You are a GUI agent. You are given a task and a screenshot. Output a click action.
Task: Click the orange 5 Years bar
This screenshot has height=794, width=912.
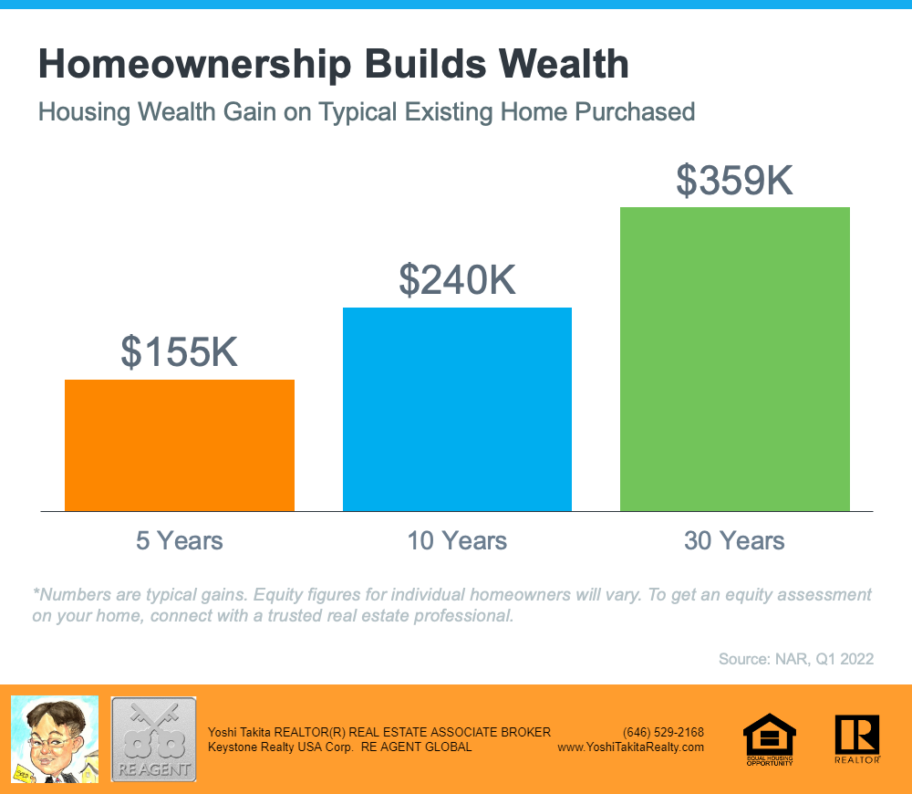[179, 445]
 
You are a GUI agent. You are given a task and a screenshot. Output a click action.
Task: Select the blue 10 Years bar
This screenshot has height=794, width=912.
[457, 409]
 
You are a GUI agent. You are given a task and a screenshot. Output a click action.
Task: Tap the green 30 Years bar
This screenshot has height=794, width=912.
[734, 360]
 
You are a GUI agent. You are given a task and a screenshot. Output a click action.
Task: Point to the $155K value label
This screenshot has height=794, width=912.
[179, 351]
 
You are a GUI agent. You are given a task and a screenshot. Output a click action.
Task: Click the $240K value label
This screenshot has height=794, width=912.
[457, 280]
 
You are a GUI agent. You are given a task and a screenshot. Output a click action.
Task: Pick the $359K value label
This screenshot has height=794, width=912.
[734, 180]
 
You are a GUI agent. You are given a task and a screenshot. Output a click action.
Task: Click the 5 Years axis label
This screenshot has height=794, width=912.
[179, 541]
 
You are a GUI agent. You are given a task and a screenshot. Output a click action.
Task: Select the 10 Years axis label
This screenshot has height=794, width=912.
[457, 541]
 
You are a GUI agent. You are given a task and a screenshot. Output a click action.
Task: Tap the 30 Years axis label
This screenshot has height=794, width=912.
[734, 541]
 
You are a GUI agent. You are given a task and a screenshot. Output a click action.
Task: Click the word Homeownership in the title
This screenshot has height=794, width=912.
[195, 64]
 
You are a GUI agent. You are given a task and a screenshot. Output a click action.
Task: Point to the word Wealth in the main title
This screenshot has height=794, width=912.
[564, 64]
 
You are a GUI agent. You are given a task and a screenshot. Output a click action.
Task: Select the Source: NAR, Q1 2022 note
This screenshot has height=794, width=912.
[795, 659]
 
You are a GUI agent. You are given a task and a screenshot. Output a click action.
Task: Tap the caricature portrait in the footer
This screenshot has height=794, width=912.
[55, 739]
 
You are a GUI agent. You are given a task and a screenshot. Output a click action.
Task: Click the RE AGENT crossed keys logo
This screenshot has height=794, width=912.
[153, 739]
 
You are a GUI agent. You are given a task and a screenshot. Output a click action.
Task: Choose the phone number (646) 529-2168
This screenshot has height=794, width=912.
[663, 732]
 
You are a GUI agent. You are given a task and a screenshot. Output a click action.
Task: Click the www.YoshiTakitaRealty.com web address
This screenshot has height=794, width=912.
[630, 747]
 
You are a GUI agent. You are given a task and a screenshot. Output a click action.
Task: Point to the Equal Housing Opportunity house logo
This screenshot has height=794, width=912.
[770, 738]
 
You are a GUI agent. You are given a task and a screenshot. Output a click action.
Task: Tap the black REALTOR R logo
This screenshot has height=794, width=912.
[857, 738]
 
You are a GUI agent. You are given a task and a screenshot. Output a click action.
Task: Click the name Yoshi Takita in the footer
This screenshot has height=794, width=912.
[239, 732]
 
